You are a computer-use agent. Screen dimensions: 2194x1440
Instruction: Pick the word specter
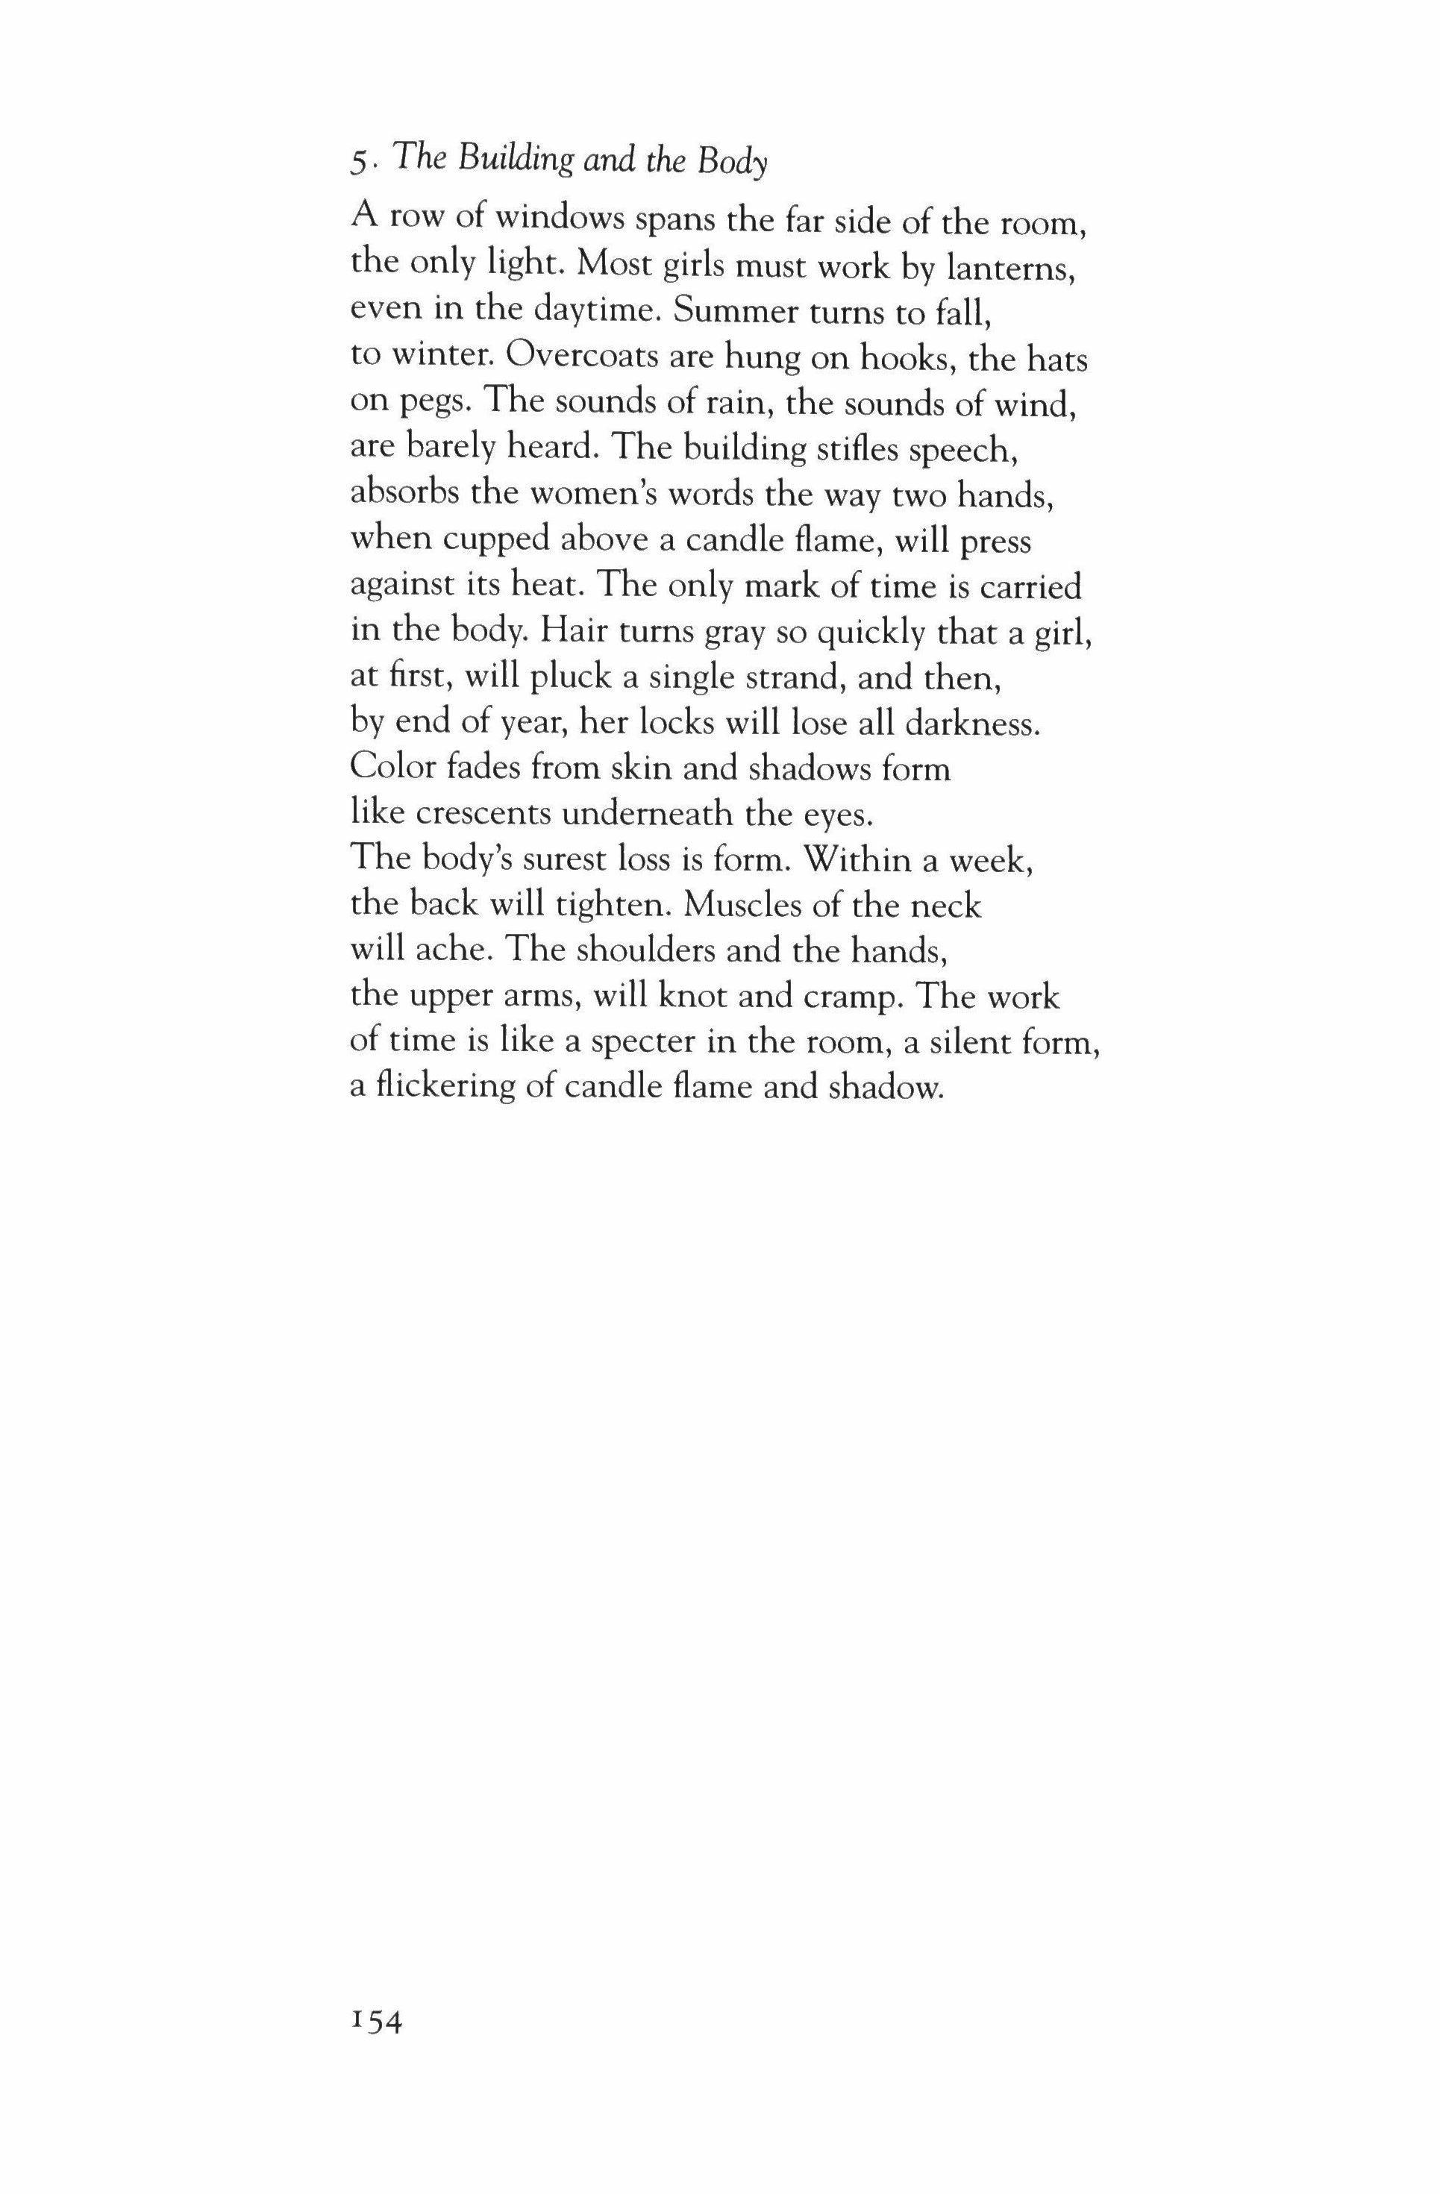(642, 1043)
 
